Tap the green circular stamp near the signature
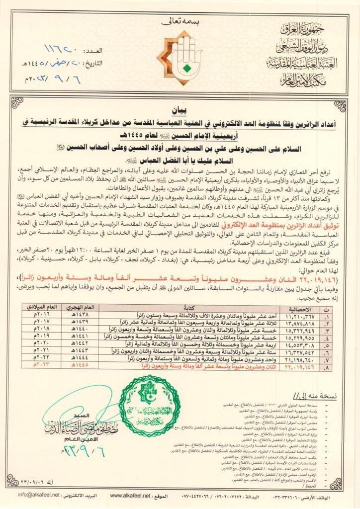[150, 406]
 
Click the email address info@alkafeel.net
[39, 495]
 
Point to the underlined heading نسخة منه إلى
[317, 396]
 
